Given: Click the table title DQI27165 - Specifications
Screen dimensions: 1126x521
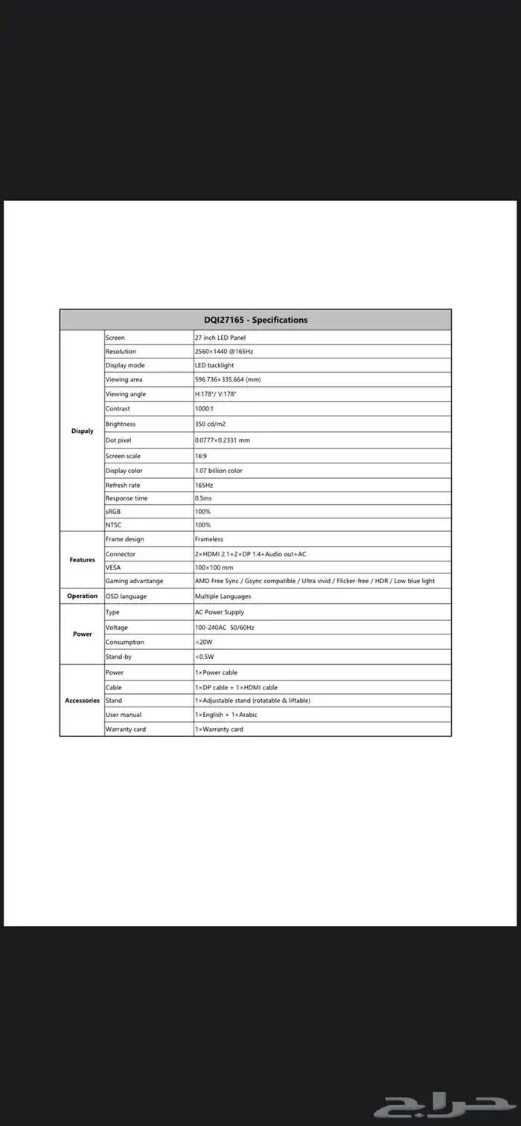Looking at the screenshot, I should coord(255,320).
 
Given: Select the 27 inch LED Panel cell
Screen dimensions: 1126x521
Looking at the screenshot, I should coord(220,338).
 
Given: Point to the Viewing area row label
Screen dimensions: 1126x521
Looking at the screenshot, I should coord(124,379).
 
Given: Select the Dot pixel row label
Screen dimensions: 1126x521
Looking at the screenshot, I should coord(118,440).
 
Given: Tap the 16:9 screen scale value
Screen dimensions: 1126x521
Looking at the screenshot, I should coord(201,456).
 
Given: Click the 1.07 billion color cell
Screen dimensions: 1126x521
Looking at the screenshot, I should coord(219,471).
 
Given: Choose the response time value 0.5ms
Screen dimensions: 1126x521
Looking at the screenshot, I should coord(203,498).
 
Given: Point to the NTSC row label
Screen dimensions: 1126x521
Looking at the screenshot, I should coord(114,525).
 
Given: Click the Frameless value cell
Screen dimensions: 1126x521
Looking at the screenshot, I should coord(209,539).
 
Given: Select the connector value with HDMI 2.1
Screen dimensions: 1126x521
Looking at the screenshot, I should coord(251,554).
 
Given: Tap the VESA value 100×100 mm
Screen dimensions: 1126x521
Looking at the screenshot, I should coord(214,567).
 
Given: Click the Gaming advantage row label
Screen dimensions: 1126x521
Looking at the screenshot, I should coord(135,581).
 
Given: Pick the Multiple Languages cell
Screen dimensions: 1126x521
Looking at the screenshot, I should coord(223,596).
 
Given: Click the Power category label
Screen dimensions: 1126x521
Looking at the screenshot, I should coord(83,634).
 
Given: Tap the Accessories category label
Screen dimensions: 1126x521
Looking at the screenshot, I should coord(83,701).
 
